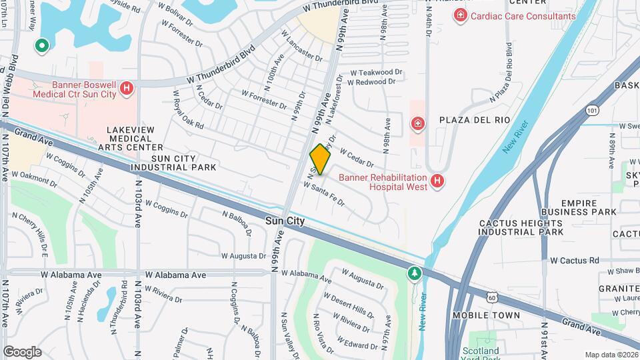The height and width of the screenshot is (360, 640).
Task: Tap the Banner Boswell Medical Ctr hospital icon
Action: point(127,87)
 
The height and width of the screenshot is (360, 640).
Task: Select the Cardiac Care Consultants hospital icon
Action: point(459,15)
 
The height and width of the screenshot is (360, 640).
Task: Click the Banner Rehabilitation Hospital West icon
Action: point(437,181)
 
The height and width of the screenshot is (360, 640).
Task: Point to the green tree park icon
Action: point(415,273)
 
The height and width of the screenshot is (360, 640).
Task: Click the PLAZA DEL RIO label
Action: point(475,120)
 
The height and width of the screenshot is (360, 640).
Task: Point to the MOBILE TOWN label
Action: point(486,315)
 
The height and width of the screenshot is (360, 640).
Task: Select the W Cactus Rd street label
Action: point(574,261)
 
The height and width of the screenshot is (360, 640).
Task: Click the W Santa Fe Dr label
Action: point(324,193)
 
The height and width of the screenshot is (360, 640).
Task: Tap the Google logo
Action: point(22,351)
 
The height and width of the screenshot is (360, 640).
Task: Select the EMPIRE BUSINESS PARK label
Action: point(588,207)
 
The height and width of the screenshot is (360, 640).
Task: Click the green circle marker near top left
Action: point(41,46)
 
